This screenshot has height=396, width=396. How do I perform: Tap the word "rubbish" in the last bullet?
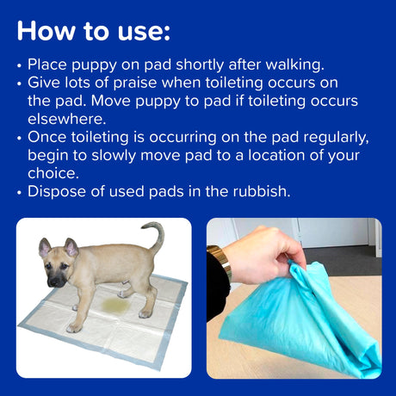pyautogui.click(x=260, y=190)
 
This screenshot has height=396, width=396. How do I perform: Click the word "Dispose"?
pyautogui.click(x=54, y=190)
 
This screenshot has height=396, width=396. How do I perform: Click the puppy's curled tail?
pyautogui.click(x=155, y=236)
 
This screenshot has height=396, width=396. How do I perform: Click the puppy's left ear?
pyautogui.click(x=45, y=250)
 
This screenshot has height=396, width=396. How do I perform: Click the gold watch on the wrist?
pyautogui.click(x=219, y=263)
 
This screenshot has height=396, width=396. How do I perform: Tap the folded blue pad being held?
pyautogui.click(x=301, y=327)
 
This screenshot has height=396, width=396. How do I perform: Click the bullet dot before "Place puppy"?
pyautogui.click(x=21, y=65)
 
